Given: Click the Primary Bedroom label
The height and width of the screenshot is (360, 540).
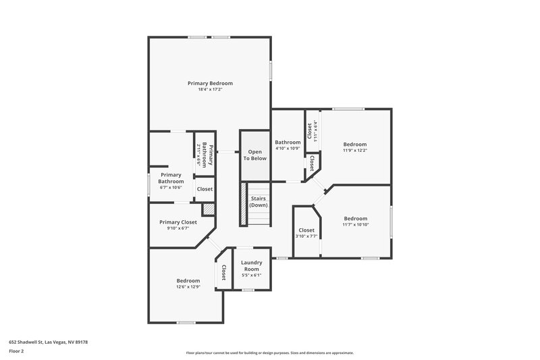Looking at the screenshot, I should point(210,83).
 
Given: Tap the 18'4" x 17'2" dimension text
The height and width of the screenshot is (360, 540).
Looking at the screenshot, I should point(210,90).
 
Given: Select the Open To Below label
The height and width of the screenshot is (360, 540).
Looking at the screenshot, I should point(255,155).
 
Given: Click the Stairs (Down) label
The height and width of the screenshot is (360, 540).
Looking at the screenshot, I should point(259,202).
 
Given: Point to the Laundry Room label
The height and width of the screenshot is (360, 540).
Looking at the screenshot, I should point(251,266).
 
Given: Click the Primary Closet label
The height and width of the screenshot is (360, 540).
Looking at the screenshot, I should point(178,222).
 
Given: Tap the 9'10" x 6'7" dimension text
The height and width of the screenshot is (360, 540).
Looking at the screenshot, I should point(178,229).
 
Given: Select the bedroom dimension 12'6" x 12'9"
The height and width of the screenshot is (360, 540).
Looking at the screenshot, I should point(188,287).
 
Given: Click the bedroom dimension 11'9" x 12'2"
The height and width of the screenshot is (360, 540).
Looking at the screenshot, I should point(355,151).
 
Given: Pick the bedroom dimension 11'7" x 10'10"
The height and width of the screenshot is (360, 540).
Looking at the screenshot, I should point(355,225).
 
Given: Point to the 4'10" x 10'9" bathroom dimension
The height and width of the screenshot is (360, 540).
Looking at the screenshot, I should point(288,149).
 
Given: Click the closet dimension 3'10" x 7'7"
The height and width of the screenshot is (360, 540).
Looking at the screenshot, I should point(306,236).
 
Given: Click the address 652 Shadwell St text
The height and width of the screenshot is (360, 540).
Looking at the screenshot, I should point(48,342).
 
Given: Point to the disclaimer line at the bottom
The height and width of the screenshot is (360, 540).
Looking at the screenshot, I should point(269,353).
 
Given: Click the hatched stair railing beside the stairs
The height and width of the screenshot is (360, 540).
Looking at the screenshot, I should point(241,205).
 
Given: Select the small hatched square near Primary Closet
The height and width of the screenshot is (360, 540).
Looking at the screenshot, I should point(209,211).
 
